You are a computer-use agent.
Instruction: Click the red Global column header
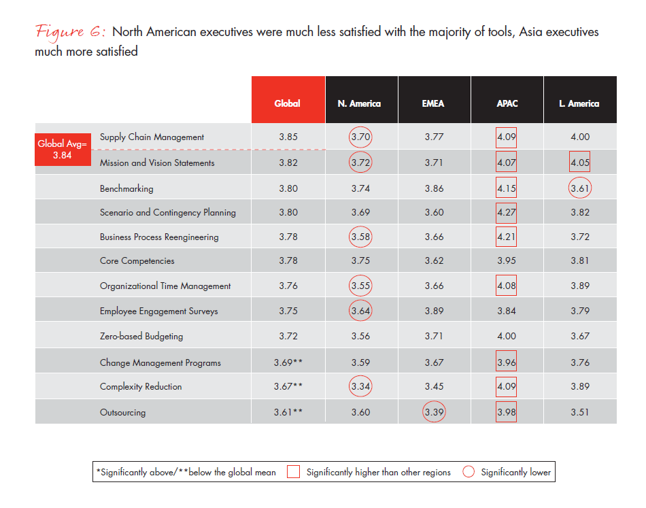pyautogui.click(x=288, y=99)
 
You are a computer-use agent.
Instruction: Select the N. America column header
pyautogui.click(x=361, y=99)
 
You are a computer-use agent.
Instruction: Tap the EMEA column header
pyautogui.click(x=435, y=99)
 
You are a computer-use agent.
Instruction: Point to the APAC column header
pyautogui.click(x=507, y=99)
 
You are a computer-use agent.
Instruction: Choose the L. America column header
pyautogui.click(x=580, y=99)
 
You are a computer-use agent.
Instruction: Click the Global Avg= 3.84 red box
pyautogui.click(x=63, y=150)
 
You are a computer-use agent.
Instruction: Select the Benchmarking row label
pyautogui.click(x=126, y=188)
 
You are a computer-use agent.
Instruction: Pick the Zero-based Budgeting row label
pyautogui.click(x=141, y=336)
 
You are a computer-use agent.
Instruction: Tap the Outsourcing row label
pyautogui.click(x=123, y=412)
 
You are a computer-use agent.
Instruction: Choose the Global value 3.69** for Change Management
pyautogui.click(x=288, y=362)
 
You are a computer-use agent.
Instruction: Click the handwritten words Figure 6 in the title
pyautogui.click(x=71, y=32)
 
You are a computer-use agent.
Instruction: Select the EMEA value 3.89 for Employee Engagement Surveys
pyautogui.click(x=435, y=311)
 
